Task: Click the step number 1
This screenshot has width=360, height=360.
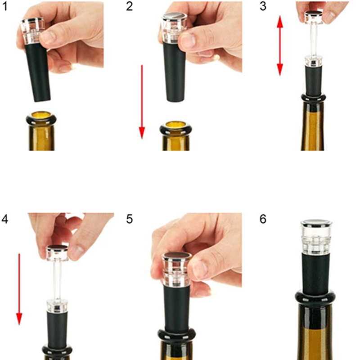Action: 5,6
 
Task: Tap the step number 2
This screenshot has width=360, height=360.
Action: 130,6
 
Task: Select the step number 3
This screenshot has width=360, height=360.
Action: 263,6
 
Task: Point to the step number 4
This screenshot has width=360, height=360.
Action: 5,219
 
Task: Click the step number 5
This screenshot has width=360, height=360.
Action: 130,219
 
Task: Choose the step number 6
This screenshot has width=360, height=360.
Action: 263,219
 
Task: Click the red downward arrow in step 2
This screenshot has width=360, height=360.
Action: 142,102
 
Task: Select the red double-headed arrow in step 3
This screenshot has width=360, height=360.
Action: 279,45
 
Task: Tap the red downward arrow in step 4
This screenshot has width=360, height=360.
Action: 19,289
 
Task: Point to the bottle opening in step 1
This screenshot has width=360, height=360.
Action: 41,117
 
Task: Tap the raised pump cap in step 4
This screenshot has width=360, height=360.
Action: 57,253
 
